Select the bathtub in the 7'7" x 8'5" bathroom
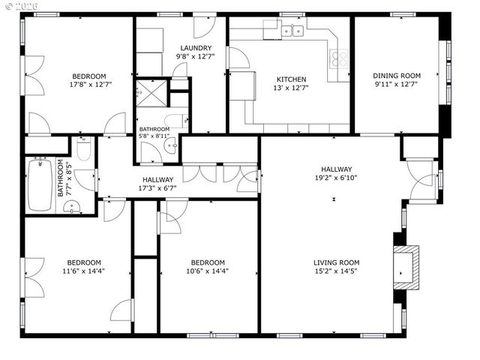point(37,184)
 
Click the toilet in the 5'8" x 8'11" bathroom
point(178,121)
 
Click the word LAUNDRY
point(190,48)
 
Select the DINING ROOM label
point(397,76)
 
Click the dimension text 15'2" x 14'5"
point(337,271)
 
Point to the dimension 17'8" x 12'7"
point(88,85)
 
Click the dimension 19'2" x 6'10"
point(337,178)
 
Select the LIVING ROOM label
point(337,262)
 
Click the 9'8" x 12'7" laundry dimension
point(190,56)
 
